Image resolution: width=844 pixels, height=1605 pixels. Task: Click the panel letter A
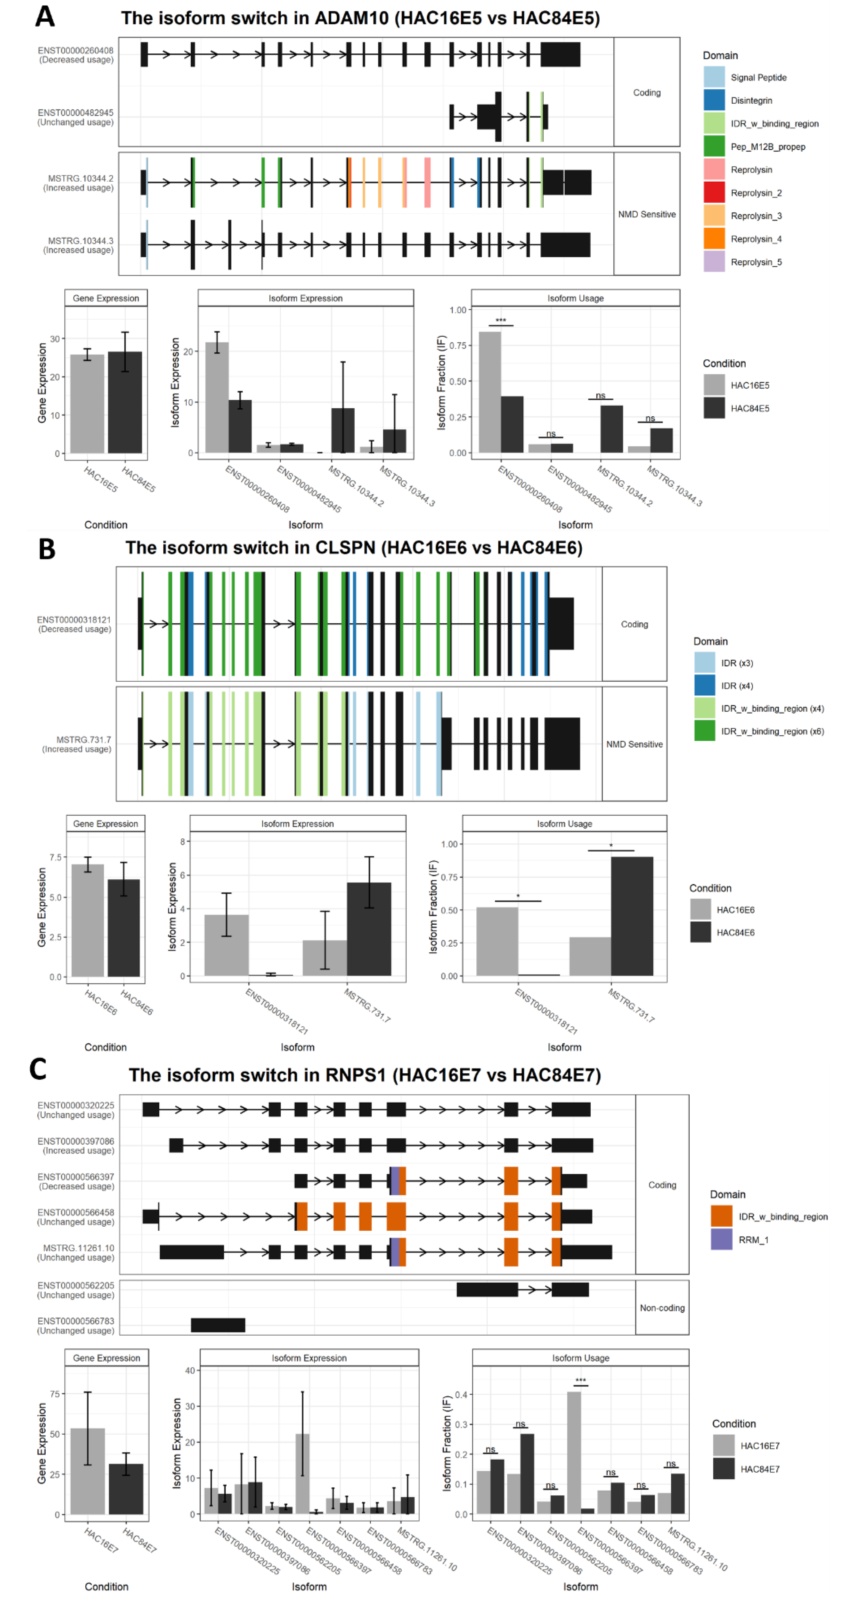[45, 17]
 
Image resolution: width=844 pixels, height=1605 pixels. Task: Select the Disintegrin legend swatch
[714, 100]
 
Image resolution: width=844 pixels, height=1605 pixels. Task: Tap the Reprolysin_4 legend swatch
[714, 239]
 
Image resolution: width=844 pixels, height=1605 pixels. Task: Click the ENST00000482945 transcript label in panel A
[75, 113]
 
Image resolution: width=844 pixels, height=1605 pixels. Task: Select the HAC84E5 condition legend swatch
[714, 408]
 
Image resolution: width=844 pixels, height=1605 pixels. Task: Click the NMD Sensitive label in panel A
[646, 214]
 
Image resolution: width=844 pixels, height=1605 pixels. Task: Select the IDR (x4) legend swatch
[704, 685]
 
